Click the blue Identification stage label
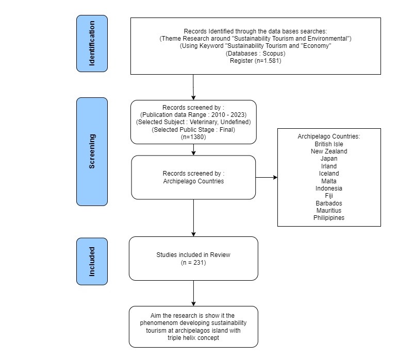tap(92, 43)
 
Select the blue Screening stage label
tap(92, 151)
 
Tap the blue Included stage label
tap(92, 261)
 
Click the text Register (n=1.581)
tap(255, 61)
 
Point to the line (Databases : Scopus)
tap(255, 54)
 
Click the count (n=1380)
tap(193, 137)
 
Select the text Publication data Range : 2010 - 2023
tap(193, 115)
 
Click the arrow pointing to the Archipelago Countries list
tap(267, 177)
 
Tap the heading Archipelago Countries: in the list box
tap(329, 136)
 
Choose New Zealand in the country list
tap(329, 151)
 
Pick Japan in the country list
tap(329, 159)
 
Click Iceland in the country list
tap(329, 174)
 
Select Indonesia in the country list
tap(329, 188)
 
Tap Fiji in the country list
tap(329, 196)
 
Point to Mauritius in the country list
tap(329, 211)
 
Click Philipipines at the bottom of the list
tap(329, 218)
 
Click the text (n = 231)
tap(193, 263)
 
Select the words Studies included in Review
tap(193, 255)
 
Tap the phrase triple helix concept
tap(193, 338)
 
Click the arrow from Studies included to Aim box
tap(193, 293)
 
